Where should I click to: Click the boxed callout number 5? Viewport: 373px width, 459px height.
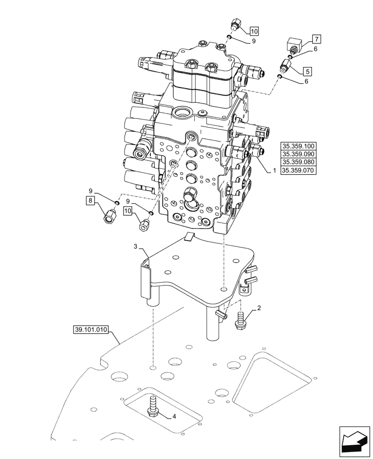pos(307,71)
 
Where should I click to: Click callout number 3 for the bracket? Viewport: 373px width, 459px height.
pos(136,247)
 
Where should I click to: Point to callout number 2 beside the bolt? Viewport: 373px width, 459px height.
pos(259,308)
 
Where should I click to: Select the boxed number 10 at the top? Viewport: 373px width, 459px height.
pos(254,31)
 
